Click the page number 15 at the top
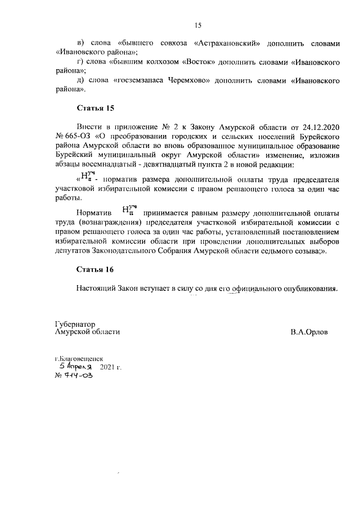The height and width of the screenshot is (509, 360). pos(197,25)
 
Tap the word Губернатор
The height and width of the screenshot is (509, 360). pos(75,325)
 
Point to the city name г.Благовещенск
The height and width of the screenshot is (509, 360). pos(79,358)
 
